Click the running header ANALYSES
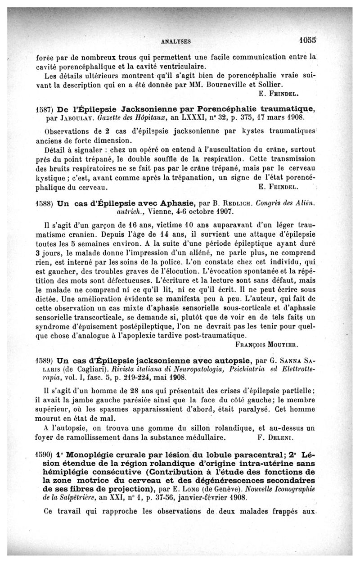click(176, 41)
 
